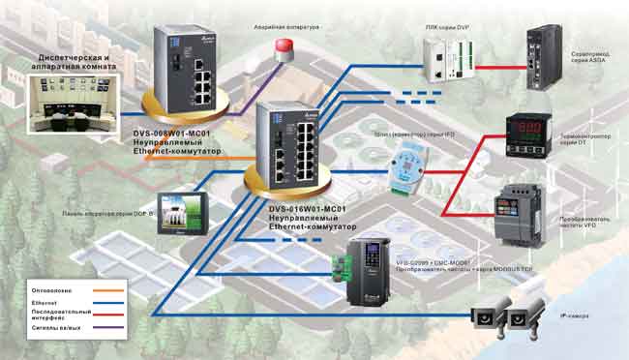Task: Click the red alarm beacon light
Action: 284,49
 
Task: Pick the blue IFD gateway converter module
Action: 403,169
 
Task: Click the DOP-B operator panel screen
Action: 180,214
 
